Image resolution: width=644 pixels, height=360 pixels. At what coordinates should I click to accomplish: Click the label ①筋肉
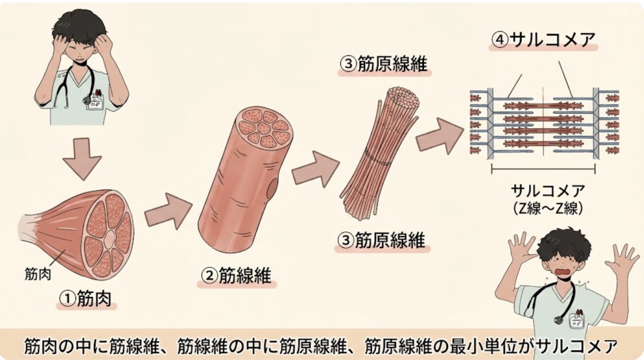click(86, 299)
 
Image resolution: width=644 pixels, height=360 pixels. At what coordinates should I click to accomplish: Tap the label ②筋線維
click(237, 276)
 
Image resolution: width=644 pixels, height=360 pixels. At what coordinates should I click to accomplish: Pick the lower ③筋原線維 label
click(382, 240)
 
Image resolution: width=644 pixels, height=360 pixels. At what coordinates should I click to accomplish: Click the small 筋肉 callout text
click(38, 274)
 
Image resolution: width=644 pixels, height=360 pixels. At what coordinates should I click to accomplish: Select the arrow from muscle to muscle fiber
click(168, 211)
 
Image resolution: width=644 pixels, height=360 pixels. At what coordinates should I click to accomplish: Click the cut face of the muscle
click(109, 235)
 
